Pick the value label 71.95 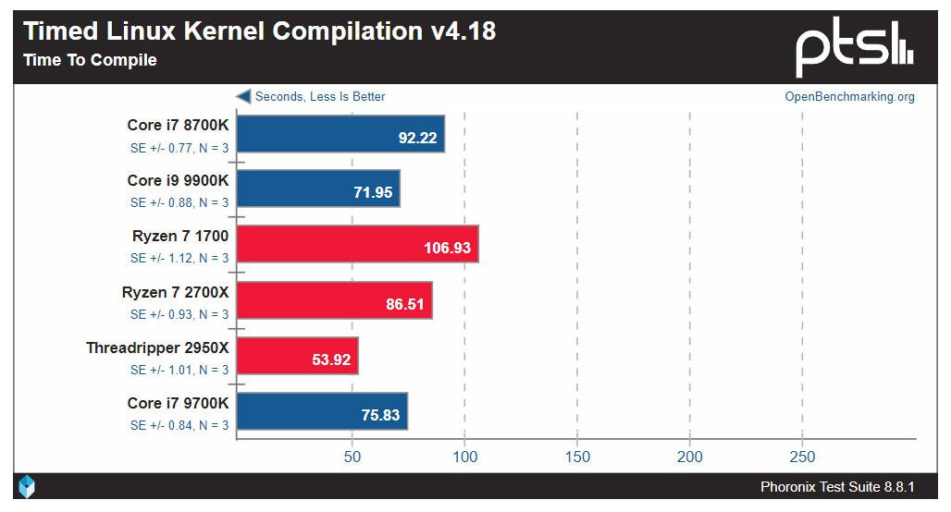click(372, 193)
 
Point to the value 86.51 click(404, 304)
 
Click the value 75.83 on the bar click(380, 415)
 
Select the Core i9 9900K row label click(178, 180)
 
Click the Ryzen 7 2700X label click(175, 292)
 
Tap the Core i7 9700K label click(178, 403)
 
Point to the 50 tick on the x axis click(352, 457)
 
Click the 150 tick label click(577, 457)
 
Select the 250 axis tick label click(802, 457)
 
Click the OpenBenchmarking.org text click(849, 97)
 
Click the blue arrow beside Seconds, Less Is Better click(243, 96)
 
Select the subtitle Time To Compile click(90, 61)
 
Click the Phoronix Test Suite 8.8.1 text click(837, 487)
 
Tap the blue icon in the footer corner click(27, 486)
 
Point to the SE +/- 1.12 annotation click(179, 259)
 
